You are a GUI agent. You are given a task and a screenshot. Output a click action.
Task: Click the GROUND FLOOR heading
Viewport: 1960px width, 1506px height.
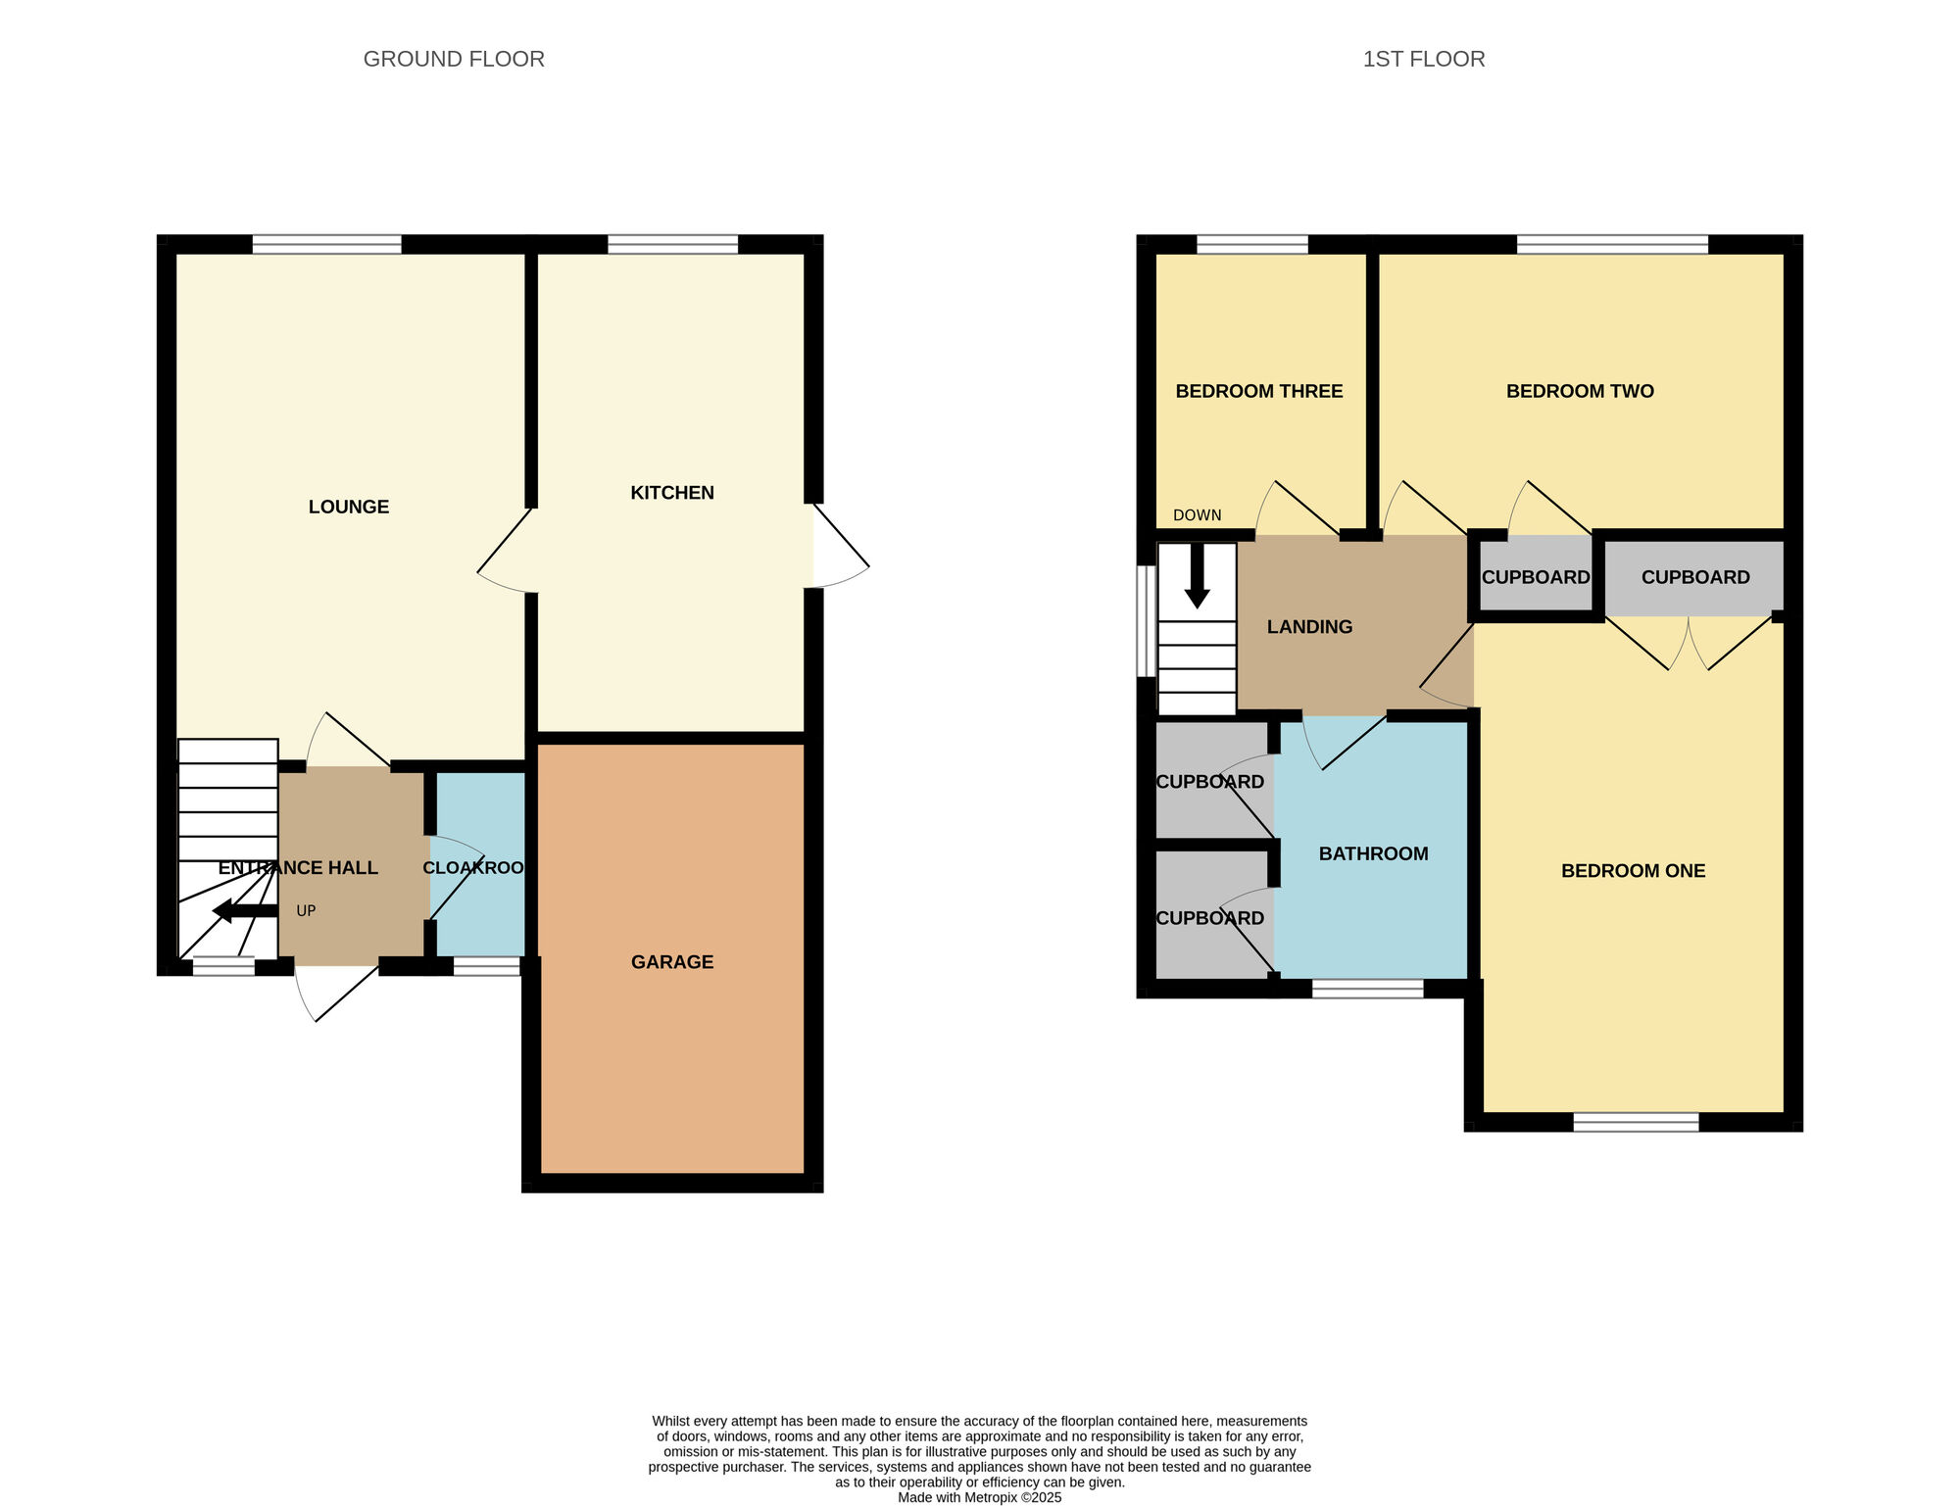[x=454, y=59]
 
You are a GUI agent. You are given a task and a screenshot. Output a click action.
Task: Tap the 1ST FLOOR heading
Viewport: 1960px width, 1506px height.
[x=1424, y=59]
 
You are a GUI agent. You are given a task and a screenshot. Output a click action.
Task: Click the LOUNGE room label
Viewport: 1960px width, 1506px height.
[x=349, y=507]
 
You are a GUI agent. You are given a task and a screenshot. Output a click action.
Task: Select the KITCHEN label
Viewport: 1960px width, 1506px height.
[x=672, y=493]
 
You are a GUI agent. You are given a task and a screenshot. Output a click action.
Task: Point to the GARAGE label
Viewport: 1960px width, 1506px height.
[x=672, y=962]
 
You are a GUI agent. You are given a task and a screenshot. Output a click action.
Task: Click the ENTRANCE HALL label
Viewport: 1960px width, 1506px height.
[x=298, y=868]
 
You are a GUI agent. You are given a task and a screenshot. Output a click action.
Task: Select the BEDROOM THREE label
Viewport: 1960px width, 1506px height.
[x=1259, y=391]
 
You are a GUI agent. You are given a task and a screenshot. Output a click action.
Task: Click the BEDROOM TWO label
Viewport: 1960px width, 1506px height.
[x=1580, y=391]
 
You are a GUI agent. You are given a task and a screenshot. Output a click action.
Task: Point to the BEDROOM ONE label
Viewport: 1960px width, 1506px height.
[x=1634, y=871]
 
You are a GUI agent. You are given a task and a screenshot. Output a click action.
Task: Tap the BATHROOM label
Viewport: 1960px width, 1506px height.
[x=1374, y=854]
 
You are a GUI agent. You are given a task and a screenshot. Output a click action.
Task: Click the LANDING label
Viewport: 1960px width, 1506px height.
[x=1310, y=627]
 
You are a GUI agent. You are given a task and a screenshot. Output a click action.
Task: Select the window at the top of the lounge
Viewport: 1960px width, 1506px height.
[x=327, y=245]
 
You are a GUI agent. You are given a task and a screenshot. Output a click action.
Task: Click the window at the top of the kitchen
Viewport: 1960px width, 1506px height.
[x=673, y=245]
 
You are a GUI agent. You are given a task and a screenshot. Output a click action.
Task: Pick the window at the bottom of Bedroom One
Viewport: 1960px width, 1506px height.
[x=1637, y=1122]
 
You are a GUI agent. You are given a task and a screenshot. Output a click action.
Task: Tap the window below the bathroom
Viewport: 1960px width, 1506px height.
[x=1368, y=989]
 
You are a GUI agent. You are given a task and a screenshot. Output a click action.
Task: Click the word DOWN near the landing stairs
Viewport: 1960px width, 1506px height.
[x=1198, y=515]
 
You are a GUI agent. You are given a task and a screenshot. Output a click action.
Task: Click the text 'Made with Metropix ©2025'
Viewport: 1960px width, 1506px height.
[x=980, y=1497]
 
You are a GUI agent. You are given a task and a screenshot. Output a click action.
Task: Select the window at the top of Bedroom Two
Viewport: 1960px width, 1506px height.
[x=1613, y=245]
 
